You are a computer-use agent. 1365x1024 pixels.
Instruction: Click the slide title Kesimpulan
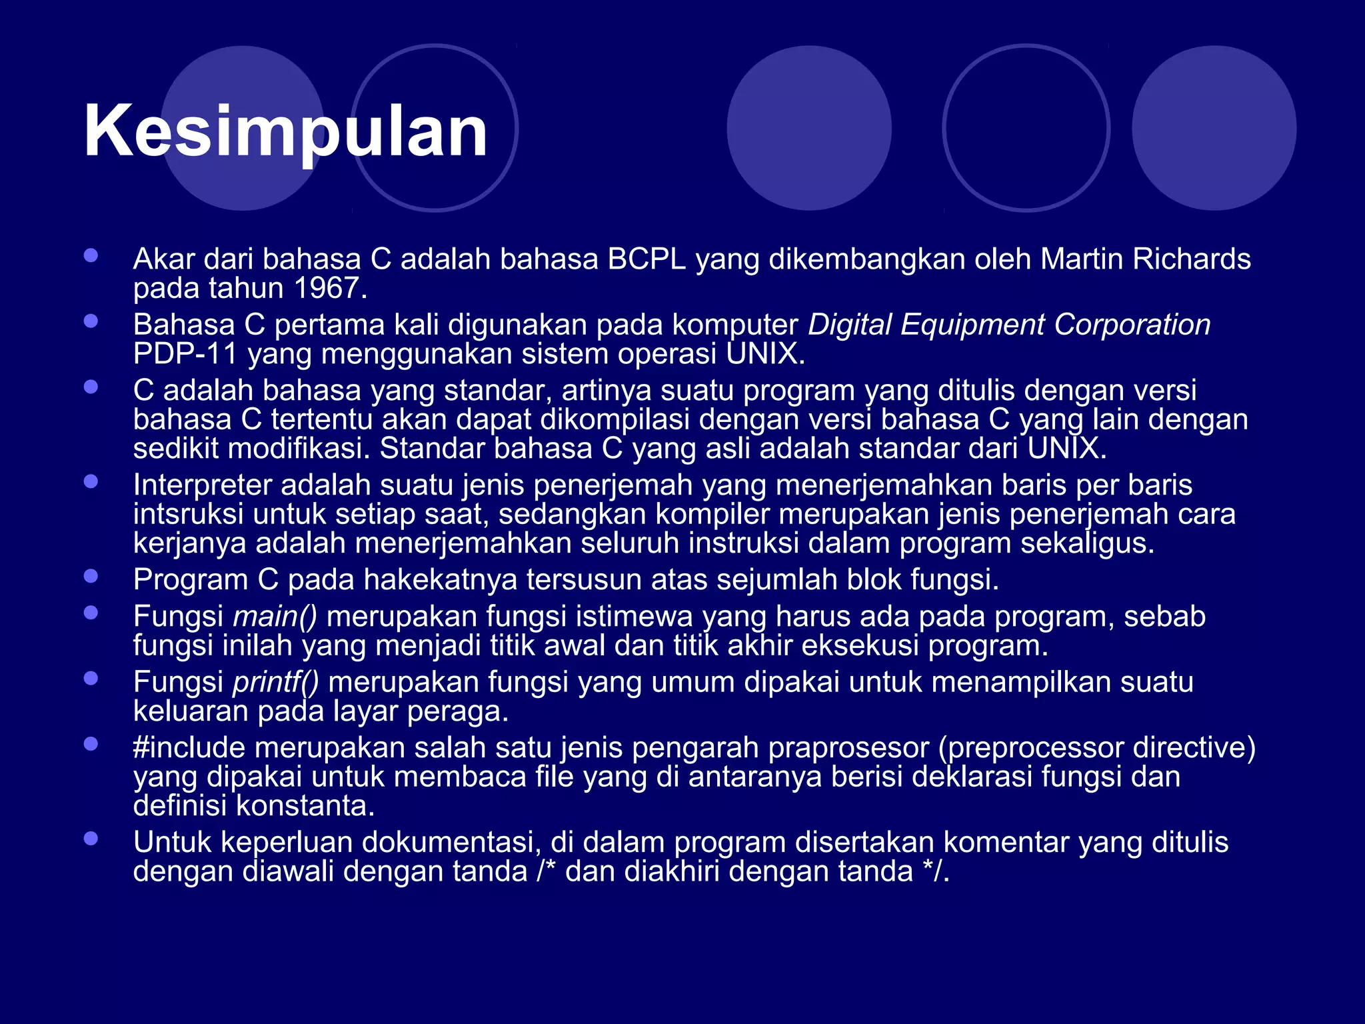click(x=285, y=131)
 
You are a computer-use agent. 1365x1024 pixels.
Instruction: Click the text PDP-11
click(x=185, y=354)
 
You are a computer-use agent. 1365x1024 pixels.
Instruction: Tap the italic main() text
click(x=275, y=617)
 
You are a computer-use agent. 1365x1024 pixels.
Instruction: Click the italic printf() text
click(x=276, y=683)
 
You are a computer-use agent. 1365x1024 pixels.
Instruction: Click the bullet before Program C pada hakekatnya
click(x=91, y=576)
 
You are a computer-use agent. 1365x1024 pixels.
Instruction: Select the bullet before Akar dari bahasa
click(x=91, y=255)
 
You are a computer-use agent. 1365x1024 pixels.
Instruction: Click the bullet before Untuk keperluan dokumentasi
click(x=91, y=839)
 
